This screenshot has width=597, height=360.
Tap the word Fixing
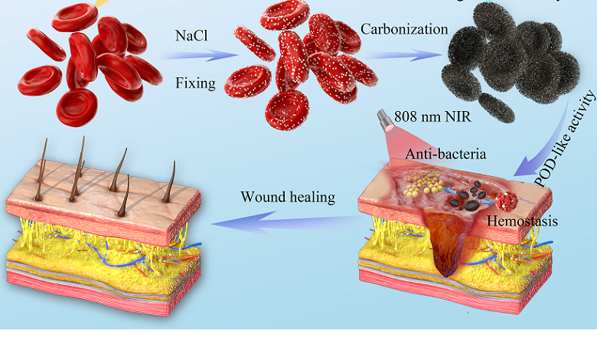(x=195, y=83)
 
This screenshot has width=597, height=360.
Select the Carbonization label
(x=404, y=30)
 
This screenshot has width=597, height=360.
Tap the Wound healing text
(x=288, y=197)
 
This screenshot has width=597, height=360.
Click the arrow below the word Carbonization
(x=403, y=55)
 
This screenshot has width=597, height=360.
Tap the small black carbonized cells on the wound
(x=467, y=195)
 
